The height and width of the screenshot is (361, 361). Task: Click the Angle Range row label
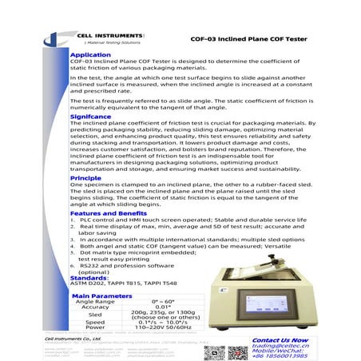click(95, 302)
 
